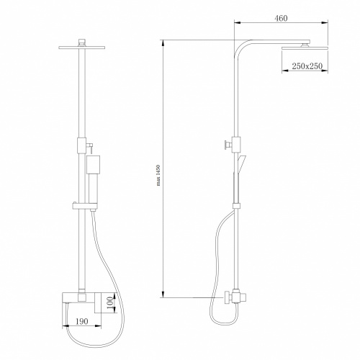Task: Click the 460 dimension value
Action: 281,18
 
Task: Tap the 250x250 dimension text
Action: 307,66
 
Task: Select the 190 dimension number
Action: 82,321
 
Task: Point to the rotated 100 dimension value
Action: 109,303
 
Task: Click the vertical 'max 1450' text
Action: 158,176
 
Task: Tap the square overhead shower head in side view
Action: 305,48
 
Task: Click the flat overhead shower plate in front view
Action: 82,48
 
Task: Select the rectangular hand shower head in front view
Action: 92,164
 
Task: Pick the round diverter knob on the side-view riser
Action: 228,145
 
